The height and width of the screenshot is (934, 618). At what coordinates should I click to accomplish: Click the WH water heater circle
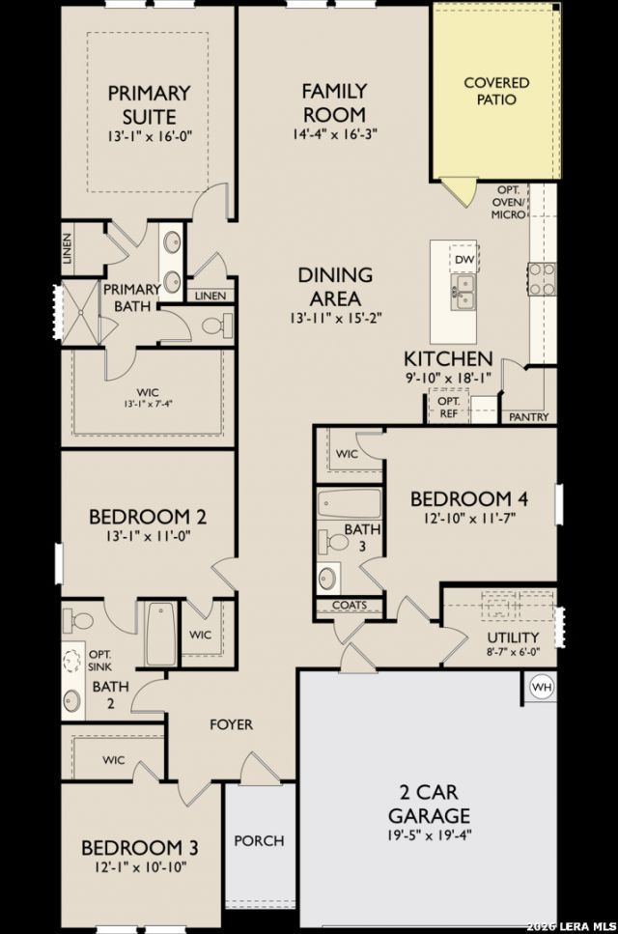pos(542,688)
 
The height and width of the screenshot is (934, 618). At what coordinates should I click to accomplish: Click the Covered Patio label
pos(496,91)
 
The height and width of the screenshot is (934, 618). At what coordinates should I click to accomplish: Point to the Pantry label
pos(529,417)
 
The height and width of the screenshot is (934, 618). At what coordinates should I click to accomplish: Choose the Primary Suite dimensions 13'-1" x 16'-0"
pos(150,136)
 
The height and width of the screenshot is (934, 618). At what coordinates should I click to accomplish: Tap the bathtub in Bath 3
pos(349,504)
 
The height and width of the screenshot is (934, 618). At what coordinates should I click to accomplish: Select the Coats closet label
pos(350,605)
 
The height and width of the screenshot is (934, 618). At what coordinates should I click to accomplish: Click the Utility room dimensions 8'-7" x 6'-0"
pos(513,651)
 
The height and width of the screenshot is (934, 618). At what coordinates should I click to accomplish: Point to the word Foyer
pos(231,724)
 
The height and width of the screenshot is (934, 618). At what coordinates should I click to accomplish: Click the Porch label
pos(259,840)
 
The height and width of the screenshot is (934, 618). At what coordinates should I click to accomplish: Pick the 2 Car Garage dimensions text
pos(429,835)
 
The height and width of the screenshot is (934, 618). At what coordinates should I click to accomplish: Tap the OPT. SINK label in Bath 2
pos(99,660)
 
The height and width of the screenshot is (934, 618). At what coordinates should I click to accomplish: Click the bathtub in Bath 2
pos(160,634)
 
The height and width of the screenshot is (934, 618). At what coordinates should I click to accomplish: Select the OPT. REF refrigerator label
pos(448,407)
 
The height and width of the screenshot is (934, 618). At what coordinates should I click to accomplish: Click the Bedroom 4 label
pos(469,498)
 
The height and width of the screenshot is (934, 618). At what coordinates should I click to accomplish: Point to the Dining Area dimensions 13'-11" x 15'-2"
pos(335,318)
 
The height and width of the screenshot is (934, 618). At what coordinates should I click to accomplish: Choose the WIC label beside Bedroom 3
pos(113,760)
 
